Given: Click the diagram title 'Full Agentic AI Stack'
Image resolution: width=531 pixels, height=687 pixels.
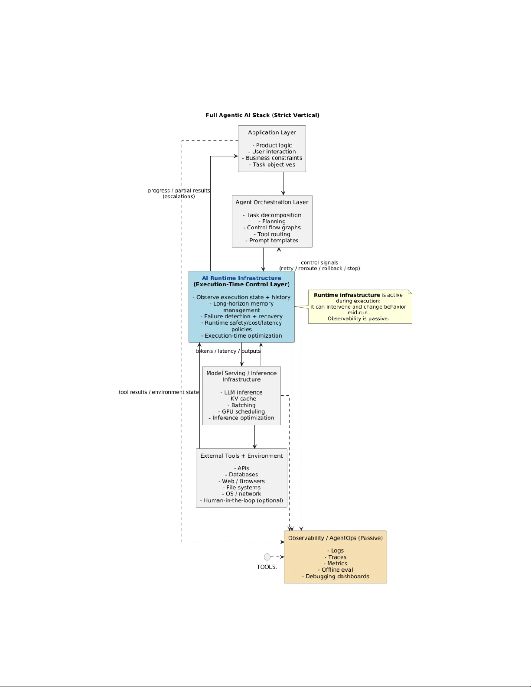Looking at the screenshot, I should (x=262, y=115).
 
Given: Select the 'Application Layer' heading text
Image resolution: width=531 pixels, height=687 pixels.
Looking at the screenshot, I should (x=272, y=133).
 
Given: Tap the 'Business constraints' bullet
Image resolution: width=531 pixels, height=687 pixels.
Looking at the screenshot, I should (x=272, y=158).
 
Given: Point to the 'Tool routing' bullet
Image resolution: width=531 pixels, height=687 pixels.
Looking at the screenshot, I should (x=272, y=234).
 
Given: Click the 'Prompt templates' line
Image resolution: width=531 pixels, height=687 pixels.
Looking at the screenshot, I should (x=272, y=241).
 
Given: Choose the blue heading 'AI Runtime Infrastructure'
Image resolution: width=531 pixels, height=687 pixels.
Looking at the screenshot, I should (x=241, y=278).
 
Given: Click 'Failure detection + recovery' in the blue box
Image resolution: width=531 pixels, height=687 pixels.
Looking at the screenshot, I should (x=241, y=316).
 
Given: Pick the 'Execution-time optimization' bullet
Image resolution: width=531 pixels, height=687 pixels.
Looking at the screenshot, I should (x=241, y=336).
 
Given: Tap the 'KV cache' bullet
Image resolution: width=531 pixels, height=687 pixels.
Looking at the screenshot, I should (x=242, y=399).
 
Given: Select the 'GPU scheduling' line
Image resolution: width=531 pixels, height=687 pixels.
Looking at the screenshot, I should (x=241, y=412).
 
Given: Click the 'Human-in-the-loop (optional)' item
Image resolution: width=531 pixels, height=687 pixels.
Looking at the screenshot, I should (x=241, y=501).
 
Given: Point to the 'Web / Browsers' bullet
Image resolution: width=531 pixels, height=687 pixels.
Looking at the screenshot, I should (x=241, y=482).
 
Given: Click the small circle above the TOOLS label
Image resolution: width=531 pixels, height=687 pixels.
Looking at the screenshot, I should (x=267, y=557).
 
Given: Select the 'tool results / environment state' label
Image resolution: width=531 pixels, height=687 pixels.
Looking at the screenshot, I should (x=159, y=392).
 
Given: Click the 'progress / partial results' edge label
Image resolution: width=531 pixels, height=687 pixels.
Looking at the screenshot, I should (x=179, y=191).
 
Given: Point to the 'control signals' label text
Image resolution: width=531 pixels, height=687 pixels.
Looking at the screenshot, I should (x=319, y=263).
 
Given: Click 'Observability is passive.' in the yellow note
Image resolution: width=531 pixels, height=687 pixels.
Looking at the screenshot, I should (x=358, y=319).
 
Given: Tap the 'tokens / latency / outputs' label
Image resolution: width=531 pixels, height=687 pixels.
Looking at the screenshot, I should (x=228, y=351).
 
